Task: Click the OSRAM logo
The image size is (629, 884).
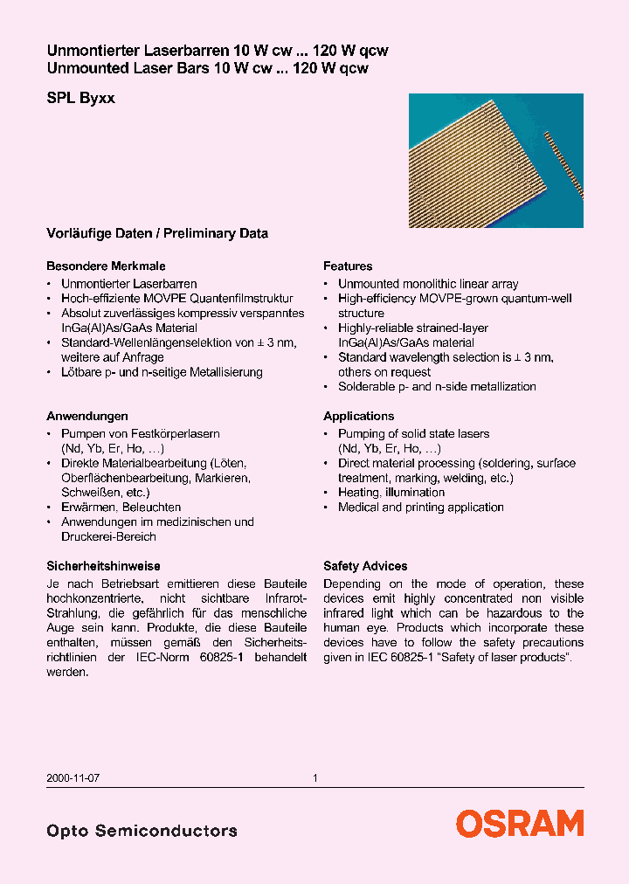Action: tap(519, 824)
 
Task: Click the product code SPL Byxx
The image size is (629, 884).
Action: tap(80, 99)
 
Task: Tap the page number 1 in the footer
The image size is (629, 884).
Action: tap(314, 777)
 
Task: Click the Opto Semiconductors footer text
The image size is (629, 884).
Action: tap(142, 831)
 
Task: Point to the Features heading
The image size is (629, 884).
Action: tap(348, 266)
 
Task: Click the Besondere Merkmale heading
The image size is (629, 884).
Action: tap(106, 266)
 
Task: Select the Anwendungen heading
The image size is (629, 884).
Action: tap(86, 416)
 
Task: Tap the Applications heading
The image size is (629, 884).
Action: tap(358, 416)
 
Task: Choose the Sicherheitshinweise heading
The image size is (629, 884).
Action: tap(103, 566)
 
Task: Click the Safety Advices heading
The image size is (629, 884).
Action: tap(365, 566)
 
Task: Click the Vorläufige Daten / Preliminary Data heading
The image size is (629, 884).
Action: tap(157, 233)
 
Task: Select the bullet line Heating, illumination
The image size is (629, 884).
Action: tap(391, 493)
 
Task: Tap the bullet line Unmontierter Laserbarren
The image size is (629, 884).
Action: tap(128, 284)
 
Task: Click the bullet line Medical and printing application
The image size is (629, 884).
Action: tap(420, 508)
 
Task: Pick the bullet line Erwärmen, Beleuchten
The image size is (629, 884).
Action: tap(121, 507)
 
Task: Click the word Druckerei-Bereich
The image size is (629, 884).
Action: tap(108, 536)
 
